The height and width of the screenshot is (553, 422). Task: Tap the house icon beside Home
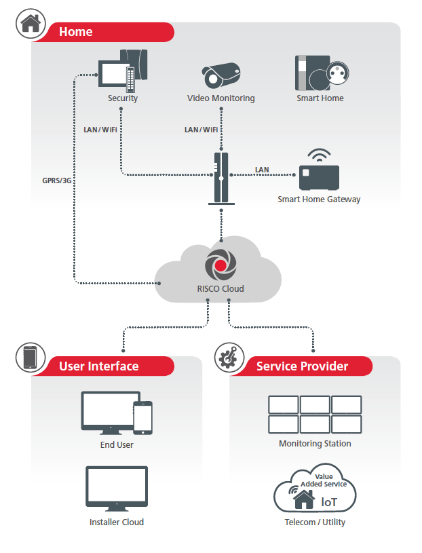coord(30,23)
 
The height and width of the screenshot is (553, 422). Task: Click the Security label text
coord(123,98)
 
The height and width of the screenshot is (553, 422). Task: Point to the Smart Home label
coord(320,98)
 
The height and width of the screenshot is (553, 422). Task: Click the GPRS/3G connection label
coord(57,180)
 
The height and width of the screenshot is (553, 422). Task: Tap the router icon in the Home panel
coord(221,178)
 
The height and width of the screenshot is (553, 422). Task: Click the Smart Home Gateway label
coord(319,199)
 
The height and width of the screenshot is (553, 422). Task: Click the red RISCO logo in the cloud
coord(220,265)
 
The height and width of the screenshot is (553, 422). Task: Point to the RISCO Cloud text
coord(220,289)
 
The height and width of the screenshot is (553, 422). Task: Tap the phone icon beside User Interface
coord(30,358)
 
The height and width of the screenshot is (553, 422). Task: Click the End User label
coord(117,445)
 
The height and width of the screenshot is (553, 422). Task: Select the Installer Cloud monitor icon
coord(117,486)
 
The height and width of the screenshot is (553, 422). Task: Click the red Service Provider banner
coord(303,366)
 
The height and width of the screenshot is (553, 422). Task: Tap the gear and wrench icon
coord(229,358)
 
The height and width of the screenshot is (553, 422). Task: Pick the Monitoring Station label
coord(315,444)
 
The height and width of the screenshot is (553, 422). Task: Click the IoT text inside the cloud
coord(328,502)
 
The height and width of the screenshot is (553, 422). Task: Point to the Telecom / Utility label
coord(315,522)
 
